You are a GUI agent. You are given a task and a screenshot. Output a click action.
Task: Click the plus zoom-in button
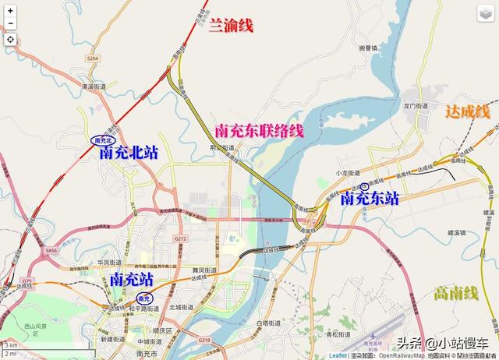(x=10, y=10)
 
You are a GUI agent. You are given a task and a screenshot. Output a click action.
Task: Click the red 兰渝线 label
(x=232, y=26)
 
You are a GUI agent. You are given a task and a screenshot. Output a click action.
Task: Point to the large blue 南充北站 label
(x=129, y=153)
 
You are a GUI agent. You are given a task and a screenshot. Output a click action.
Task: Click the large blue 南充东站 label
(x=370, y=199)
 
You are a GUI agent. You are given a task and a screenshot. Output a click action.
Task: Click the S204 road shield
(x=94, y=58)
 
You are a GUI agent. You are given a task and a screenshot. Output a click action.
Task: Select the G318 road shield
(x=204, y=341)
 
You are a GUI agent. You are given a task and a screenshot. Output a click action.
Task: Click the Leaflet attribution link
(x=338, y=355)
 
